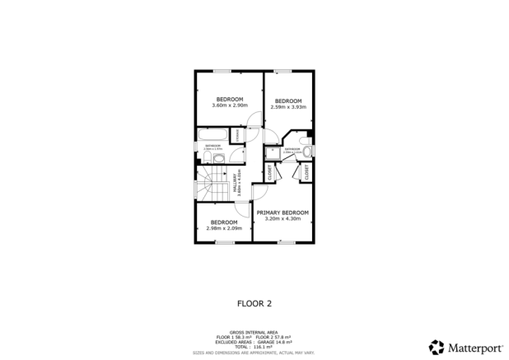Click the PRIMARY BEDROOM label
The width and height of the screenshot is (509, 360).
pyautogui.click(x=283, y=213)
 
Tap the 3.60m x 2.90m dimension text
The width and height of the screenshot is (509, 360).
pyautogui.click(x=228, y=105)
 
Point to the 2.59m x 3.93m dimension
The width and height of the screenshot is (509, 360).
pyautogui.click(x=287, y=107)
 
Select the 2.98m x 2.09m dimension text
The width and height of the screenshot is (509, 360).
pyautogui.click(x=224, y=228)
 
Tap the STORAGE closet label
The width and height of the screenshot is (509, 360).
pyautogui.click(x=236, y=133)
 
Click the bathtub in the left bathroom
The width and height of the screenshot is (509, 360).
pyautogui.click(x=211, y=135)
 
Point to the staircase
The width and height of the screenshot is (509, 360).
pyautogui.click(x=211, y=185)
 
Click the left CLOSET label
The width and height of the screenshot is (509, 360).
pyautogui.click(x=269, y=173)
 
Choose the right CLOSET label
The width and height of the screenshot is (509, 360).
pyautogui.click(x=306, y=173)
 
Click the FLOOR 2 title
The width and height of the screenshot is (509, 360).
pyautogui.click(x=254, y=302)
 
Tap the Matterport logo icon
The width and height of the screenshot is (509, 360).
pyautogui.click(x=436, y=346)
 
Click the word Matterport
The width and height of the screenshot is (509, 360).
pyautogui.click(x=474, y=347)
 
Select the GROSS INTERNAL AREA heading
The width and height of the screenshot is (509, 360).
pyautogui.click(x=254, y=332)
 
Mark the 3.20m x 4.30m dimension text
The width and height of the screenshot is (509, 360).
pyautogui.click(x=283, y=219)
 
